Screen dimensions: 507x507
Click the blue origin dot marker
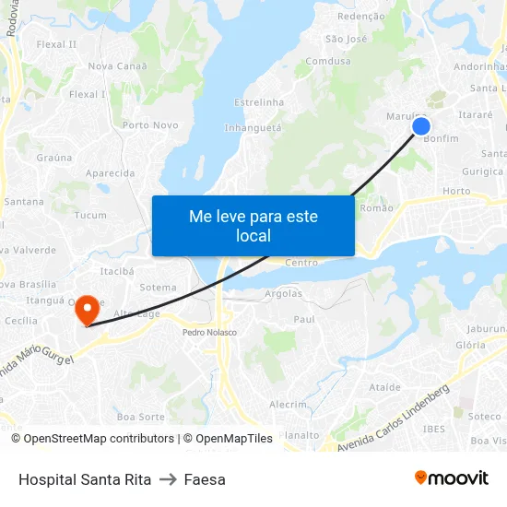pyautogui.click(x=421, y=127)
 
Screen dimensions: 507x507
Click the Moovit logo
pyautogui.click(x=452, y=478)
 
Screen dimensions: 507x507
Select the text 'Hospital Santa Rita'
pyautogui.click(x=85, y=479)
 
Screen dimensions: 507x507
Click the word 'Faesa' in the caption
pyautogui.click(x=205, y=479)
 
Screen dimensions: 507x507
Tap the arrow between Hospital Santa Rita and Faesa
pyautogui.click(x=168, y=479)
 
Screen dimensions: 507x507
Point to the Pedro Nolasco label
pyautogui.click(x=208, y=332)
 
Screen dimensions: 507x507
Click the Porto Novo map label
pyautogui.click(x=150, y=125)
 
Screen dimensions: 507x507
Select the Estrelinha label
pyautogui.click(x=259, y=102)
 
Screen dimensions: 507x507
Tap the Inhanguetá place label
pyautogui.click(x=253, y=128)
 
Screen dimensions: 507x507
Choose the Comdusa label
pyautogui.click(x=328, y=62)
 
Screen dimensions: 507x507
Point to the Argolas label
pyautogui.click(x=283, y=294)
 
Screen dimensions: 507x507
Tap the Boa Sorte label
pyautogui.click(x=140, y=418)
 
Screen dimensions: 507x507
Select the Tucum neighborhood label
pyautogui.click(x=90, y=216)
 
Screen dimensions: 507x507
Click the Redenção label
pyautogui.click(x=361, y=17)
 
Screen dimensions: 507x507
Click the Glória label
pyautogui.click(x=470, y=345)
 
